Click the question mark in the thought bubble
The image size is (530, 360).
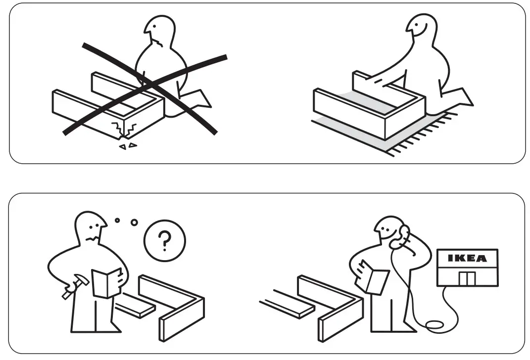164,241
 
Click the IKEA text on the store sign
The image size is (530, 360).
467,258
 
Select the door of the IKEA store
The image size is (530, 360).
466,278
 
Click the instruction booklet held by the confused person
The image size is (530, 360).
107,282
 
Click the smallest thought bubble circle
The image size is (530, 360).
117,220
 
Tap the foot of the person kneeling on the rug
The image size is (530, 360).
461,97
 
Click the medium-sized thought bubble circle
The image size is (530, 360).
134,223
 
